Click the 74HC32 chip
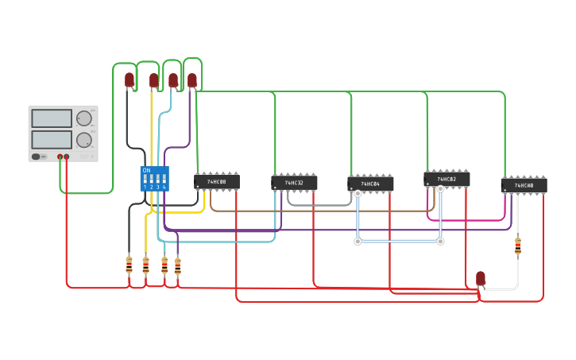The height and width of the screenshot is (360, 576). coord(294,183)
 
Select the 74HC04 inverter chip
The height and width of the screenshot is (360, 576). coord(370,184)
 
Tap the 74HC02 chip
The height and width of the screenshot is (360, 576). coord(446,180)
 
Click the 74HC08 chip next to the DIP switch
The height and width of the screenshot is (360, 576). coord(217,182)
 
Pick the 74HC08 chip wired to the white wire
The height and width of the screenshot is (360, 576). coord(524,185)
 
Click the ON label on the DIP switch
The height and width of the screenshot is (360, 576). coord(146,170)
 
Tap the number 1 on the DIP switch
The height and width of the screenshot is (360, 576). coord(145,187)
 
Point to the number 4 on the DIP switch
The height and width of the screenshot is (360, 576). coord(164,187)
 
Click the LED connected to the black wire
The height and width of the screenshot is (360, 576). coord(130,79)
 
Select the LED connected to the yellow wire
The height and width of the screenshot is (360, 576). coord(154,80)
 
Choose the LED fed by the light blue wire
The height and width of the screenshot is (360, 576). coord(173,80)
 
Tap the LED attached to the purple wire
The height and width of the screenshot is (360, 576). coord(192,80)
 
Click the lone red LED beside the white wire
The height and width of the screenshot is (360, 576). coord(481,278)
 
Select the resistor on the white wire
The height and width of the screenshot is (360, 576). coord(518,246)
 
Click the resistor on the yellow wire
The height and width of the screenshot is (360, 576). coord(145,265)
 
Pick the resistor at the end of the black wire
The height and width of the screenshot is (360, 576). coord(129,265)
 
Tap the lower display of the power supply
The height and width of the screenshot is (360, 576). coord(52,140)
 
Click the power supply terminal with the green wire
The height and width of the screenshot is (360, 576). coord(60,157)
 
